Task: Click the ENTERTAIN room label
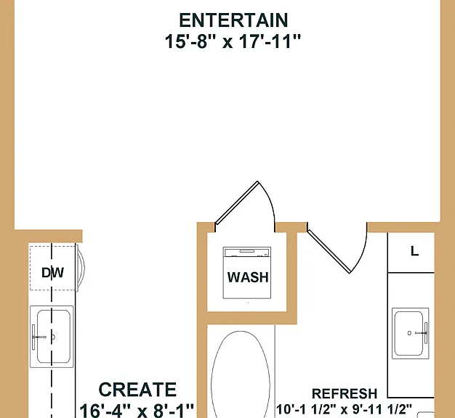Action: point(233,20)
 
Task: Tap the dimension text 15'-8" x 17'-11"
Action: point(233,41)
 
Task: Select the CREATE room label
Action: point(137,389)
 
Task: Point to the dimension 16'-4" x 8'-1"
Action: point(137,410)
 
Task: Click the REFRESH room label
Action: point(345,393)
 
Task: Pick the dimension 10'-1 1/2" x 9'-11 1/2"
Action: point(344,409)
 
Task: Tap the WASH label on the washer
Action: point(248,277)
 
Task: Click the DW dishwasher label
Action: point(52,273)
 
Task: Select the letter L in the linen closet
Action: point(415,251)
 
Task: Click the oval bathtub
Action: point(241,374)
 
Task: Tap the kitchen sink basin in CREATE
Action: point(54,337)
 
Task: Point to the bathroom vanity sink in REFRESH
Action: point(408,333)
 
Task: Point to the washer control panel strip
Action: point(247,252)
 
